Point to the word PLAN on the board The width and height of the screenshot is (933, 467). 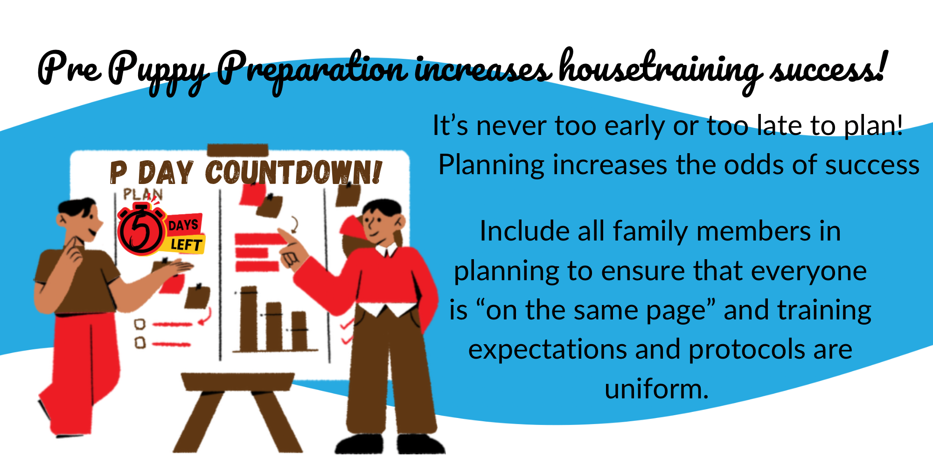[143, 194]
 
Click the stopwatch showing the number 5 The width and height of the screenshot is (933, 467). [141, 229]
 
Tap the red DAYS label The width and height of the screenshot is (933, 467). [184, 225]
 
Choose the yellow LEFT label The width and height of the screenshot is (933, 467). [186, 244]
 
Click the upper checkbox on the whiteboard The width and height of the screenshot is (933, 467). [139, 324]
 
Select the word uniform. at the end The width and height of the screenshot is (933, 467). [656, 389]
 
